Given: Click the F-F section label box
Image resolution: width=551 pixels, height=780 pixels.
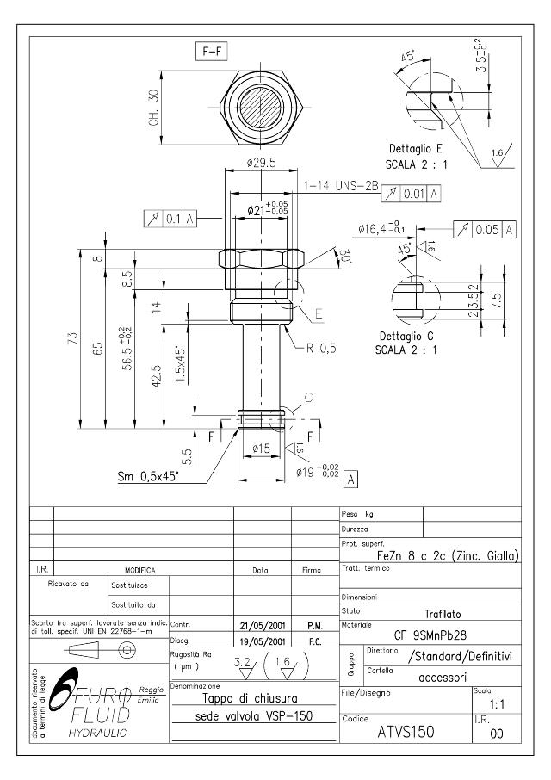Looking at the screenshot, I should pos(210,53).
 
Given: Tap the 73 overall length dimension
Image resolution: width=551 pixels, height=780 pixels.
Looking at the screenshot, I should pos(73,337).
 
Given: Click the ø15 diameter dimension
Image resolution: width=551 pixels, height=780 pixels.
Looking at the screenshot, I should pos(261,447).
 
